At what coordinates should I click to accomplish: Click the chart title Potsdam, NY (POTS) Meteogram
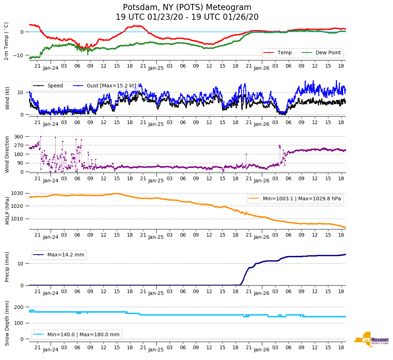pos(187,8)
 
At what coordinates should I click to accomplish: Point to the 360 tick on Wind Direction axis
pos(18,137)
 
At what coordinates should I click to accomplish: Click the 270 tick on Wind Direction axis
pos(18,145)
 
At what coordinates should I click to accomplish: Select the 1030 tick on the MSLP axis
pos(17,193)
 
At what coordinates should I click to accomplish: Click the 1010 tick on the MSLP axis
pos(17,219)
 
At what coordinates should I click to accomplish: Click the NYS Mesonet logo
pos(371,340)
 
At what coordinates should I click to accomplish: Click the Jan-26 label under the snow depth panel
pos(262,350)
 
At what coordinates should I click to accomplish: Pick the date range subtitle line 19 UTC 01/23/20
pos(187,17)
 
